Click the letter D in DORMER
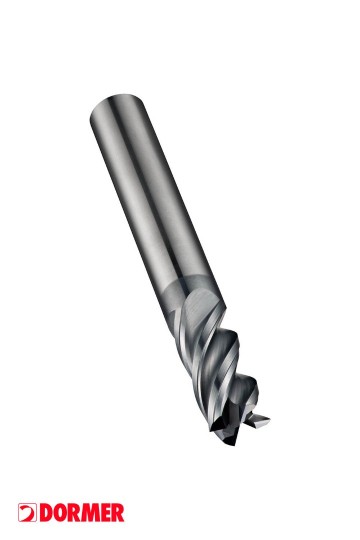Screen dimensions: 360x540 coord(47,513)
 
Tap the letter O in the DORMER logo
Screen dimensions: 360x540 coord(61,513)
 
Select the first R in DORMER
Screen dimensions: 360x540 coord(75,513)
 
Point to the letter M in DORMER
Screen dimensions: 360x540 coord(91,513)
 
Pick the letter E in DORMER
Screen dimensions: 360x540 coord(106,513)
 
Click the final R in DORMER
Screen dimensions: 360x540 coord(118,513)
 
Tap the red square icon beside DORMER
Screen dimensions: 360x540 coord(27,513)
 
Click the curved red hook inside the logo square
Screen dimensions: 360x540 coord(29,513)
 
